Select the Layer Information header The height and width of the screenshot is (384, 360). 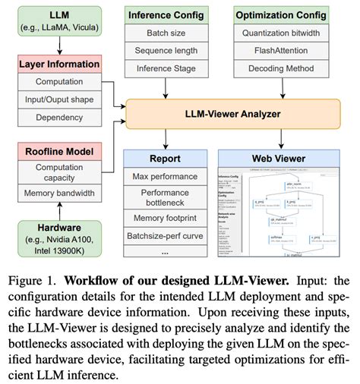tap(59, 65)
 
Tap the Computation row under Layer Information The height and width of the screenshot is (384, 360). tap(59, 83)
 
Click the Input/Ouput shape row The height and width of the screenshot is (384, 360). tap(59, 99)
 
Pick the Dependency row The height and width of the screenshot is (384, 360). tap(59, 117)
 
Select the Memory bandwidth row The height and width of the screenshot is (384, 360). tap(59, 193)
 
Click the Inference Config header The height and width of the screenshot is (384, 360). tap(165, 16)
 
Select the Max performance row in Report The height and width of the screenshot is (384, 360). tap(165, 176)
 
